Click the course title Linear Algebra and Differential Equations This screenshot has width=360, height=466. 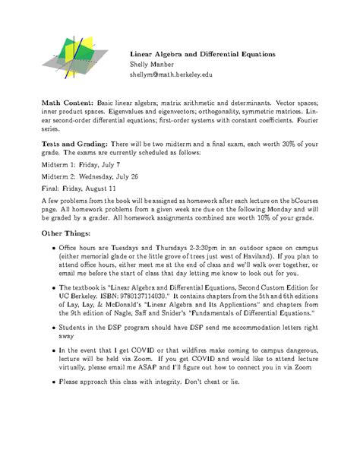(201, 55)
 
